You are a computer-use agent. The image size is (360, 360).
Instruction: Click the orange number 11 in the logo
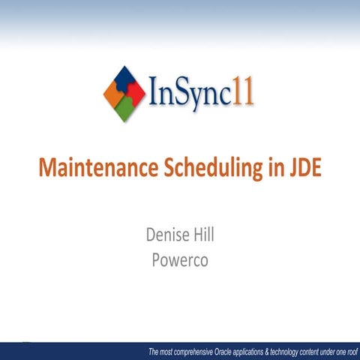(x=243, y=94)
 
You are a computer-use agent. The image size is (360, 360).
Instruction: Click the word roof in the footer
(x=352, y=352)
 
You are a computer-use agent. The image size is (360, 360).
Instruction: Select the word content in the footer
(x=318, y=352)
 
